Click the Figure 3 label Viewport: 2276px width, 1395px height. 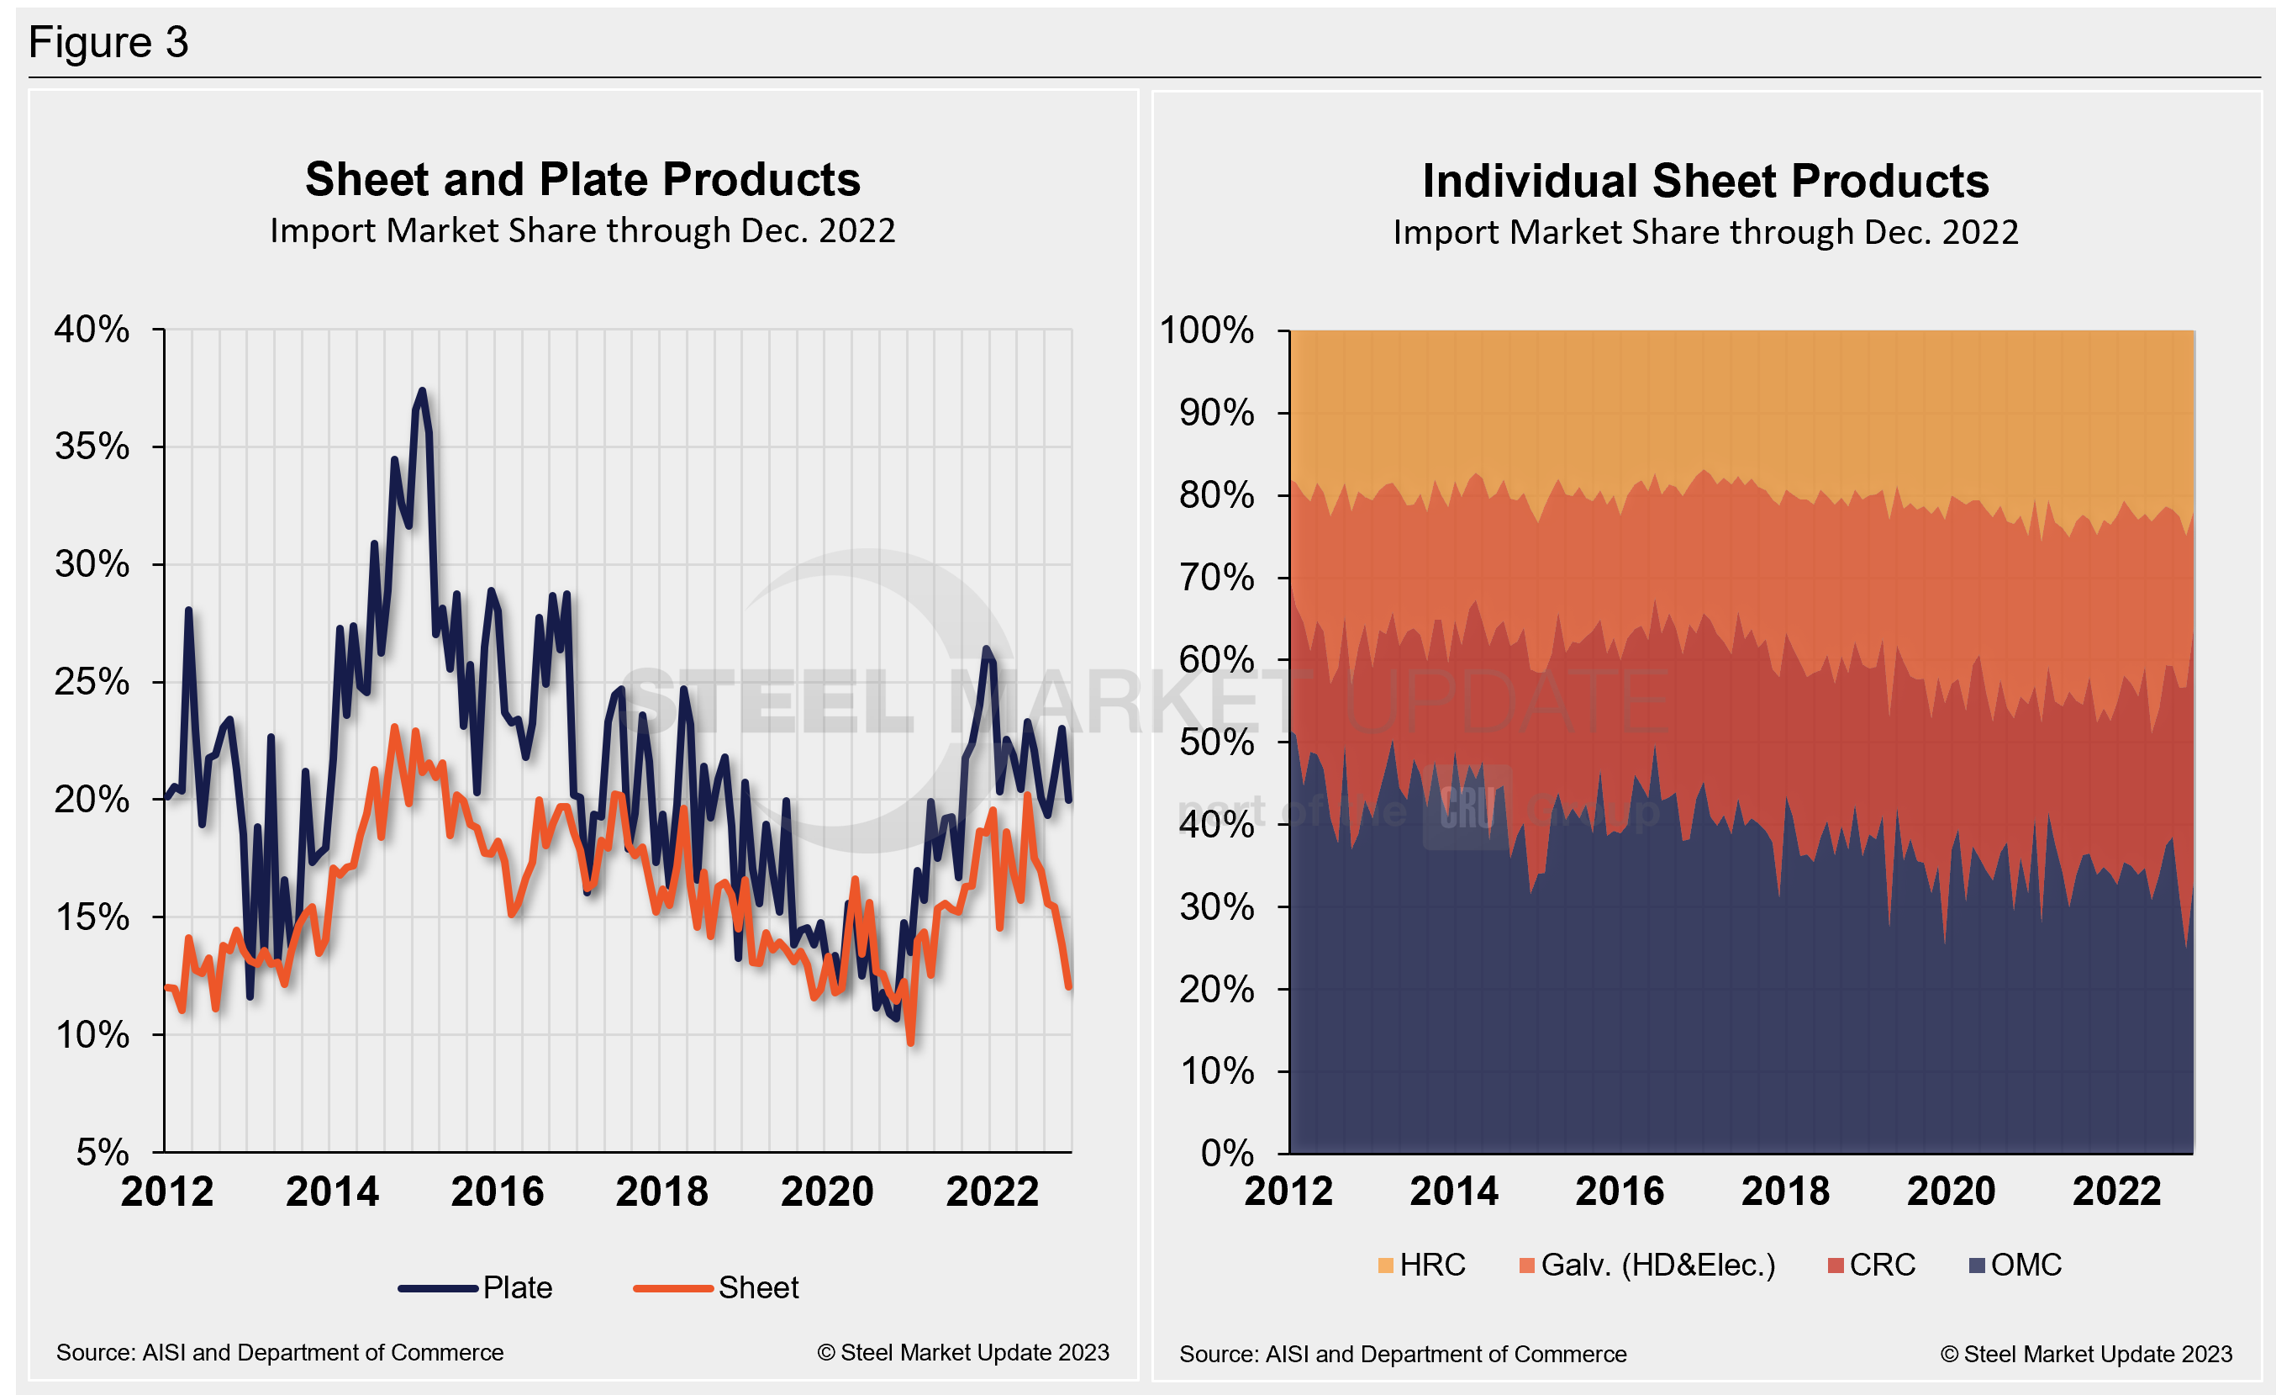(x=108, y=43)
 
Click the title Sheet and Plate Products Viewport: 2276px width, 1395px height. (x=582, y=179)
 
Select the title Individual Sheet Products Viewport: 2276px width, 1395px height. (x=1705, y=181)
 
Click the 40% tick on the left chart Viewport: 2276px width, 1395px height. (x=92, y=330)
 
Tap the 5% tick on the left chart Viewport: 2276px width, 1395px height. (x=103, y=1152)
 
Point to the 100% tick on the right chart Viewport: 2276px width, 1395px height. (x=1206, y=330)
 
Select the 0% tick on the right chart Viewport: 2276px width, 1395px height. (x=1227, y=1153)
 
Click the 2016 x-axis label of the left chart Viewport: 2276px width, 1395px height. (x=497, y=1192)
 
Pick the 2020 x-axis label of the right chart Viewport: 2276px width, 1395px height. (x=1951, y=1192)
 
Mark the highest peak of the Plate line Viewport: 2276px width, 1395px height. (x=422, y=391)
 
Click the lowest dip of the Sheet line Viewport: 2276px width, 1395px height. (x=911, y=1043)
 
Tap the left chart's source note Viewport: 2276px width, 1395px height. (x=280, y=1352)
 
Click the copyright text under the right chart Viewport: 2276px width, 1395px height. (x=2086, y=1355)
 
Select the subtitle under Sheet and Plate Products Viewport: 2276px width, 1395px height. (x=582, y=231)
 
